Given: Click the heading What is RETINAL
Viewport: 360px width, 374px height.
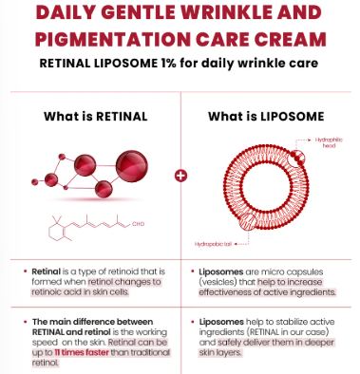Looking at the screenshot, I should coord(94,117).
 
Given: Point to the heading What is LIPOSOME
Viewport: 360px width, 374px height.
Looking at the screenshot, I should coord(265,117).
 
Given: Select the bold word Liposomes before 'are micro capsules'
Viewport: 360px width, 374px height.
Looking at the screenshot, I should coord(226,270).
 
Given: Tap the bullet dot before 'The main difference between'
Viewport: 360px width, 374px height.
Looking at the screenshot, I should coord(24,323).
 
